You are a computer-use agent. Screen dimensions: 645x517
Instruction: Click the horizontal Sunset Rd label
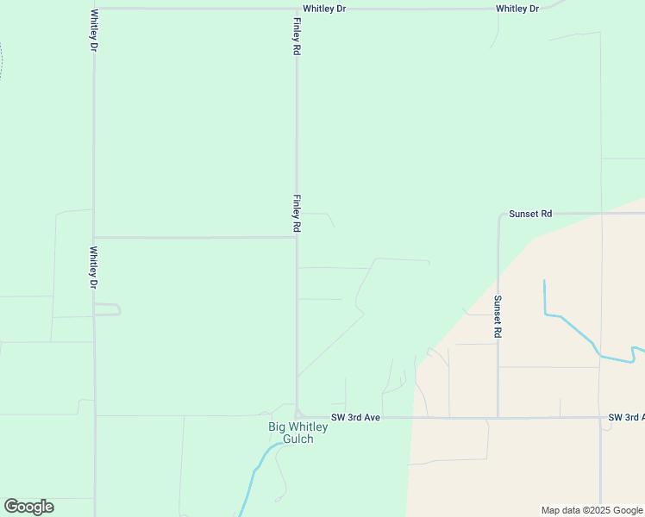(x=529, y=213)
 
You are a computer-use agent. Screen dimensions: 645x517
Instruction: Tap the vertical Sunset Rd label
(x=498, y=315)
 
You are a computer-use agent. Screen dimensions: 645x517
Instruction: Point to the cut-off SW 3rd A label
(x=626, y=417)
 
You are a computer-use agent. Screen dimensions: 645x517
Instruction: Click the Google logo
(x=28, y=507)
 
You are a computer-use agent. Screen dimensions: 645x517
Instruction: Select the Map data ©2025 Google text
(x=592, y=510)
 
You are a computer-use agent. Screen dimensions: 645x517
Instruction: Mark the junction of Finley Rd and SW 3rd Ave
(x=297, y=416)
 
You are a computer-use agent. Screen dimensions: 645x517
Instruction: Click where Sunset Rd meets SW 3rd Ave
(x=498, y=418)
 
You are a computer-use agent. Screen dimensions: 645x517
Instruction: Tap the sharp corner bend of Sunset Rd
(x=499, y=215)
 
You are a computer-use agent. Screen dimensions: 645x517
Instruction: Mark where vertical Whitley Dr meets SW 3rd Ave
(x=95, y=415)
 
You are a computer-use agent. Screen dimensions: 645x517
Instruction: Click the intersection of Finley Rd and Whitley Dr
(x=297, y=9)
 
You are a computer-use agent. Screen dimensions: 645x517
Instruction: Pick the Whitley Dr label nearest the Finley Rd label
(x=324, y=9)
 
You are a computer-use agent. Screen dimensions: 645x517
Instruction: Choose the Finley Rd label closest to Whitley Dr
(x=297, y=35)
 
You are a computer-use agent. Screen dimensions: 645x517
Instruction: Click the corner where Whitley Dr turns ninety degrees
(x=94, y=9)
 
